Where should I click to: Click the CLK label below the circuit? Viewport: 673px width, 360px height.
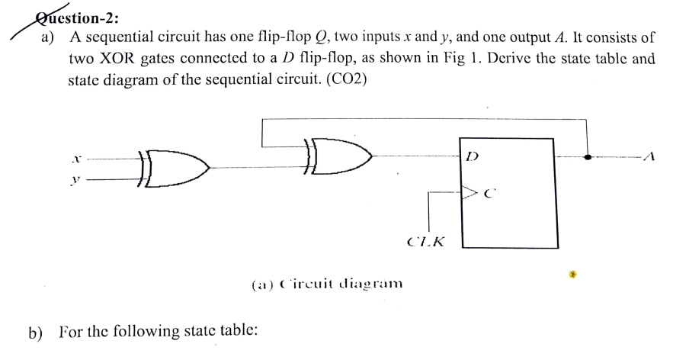426,243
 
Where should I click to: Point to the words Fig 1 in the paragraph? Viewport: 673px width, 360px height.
473,59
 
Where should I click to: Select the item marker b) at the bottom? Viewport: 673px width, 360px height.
35,333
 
